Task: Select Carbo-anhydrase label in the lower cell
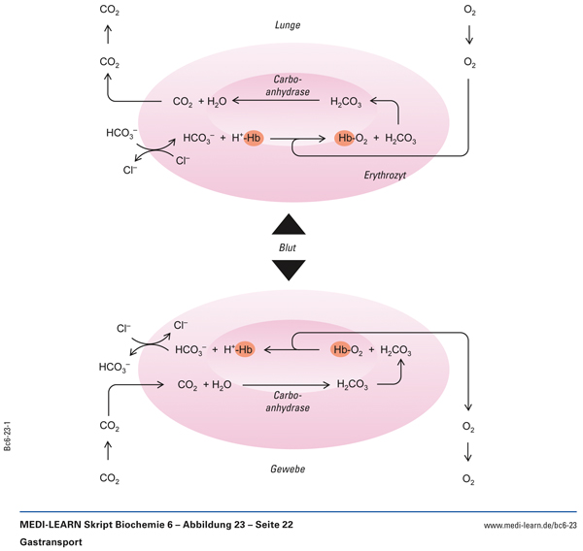(291, 403)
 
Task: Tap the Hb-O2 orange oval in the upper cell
(349, 139)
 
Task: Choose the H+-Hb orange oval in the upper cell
(254, 139)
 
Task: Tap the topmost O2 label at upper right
(470, 11)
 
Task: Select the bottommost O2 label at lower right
(470, 479)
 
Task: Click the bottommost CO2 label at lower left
(110, 478)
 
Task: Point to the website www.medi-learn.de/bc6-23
(530, 525)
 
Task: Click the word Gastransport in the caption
(50, 541)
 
